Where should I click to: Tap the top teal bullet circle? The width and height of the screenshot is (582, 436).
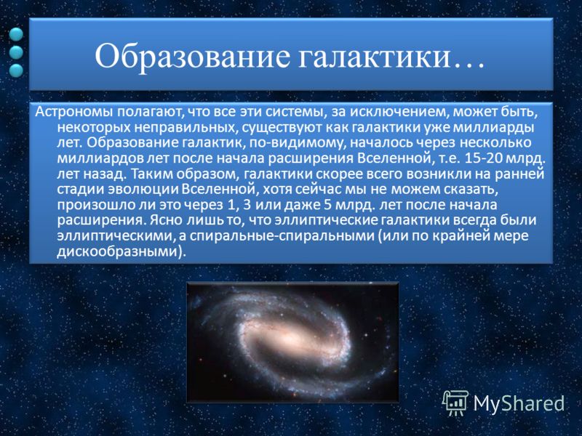point(16,34)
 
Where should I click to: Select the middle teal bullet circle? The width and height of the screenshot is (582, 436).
point(16,52)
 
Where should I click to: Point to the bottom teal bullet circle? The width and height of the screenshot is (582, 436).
point(16,70)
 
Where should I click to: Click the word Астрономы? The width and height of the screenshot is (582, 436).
point(76,112)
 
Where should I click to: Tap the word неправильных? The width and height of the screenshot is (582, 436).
point(186,128)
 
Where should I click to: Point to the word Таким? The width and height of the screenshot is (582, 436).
point(151,174)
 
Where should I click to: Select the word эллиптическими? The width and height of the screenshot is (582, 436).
point(116,235)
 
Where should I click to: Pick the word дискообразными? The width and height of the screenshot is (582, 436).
point(119,251)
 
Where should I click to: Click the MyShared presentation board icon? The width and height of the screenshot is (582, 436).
point(455,403)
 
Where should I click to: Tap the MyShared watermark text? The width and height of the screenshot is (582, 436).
point(519,403)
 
